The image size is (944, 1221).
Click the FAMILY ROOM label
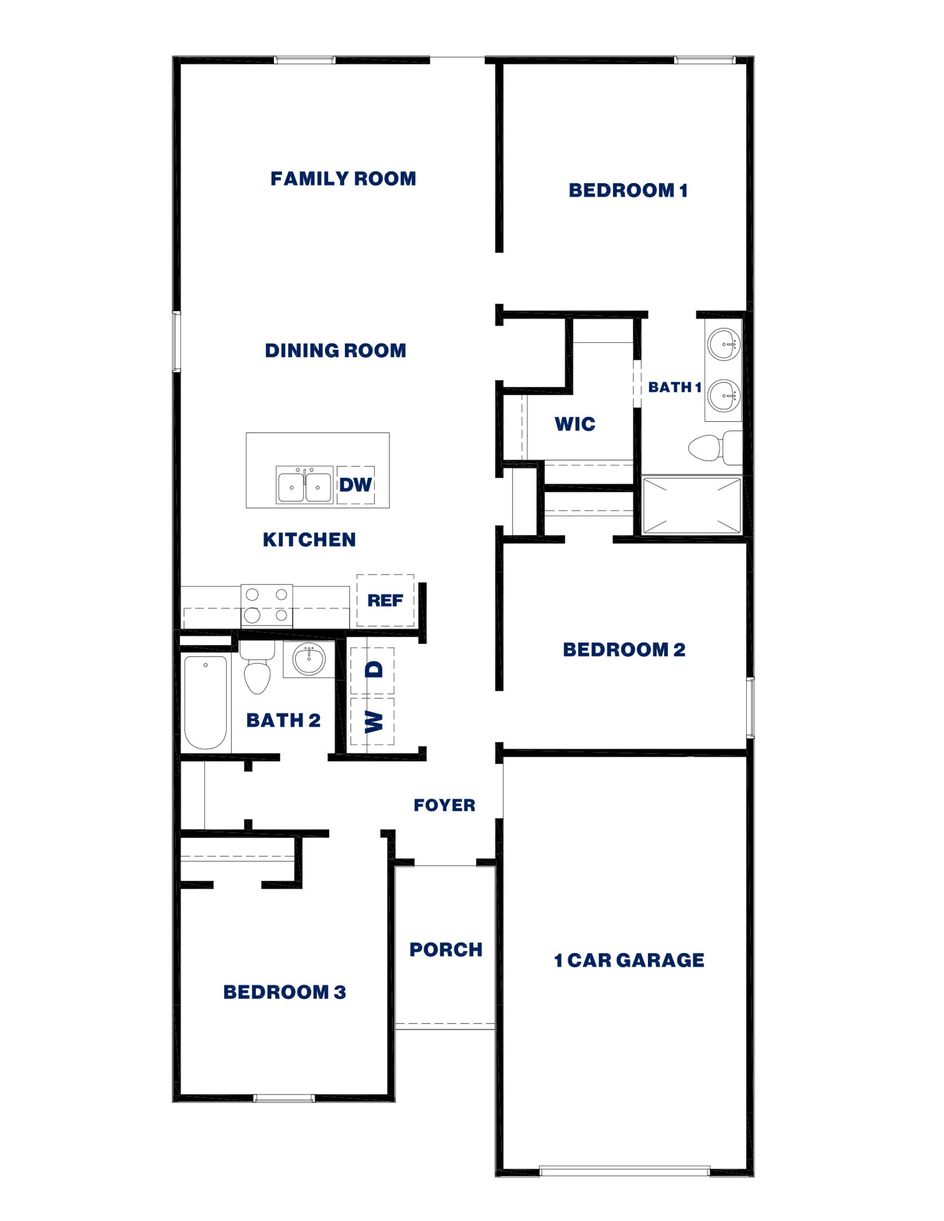(343, 179)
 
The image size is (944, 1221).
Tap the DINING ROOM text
(335, 351)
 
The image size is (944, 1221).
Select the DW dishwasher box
(356, 485)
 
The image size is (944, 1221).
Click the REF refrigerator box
(385, 601)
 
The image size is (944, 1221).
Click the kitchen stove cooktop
(267, 606)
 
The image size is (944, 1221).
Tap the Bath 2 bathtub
(206, 702)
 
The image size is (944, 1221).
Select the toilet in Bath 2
(257, 668)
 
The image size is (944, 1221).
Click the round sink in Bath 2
(309, 659)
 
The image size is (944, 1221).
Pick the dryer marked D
(373, 670)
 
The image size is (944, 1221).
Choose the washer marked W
(373, 722)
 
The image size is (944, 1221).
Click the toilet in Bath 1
(714, 448)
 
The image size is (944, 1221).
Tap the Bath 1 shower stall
(692, 506)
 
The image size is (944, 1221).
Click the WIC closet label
(575, 425)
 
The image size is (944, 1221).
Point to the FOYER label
(444, 805)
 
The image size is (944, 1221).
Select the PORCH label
(446, 950)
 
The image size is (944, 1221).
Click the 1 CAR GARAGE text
(629, 961)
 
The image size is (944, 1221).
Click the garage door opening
(625, 1170)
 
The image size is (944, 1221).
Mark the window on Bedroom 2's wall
(751, 708)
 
